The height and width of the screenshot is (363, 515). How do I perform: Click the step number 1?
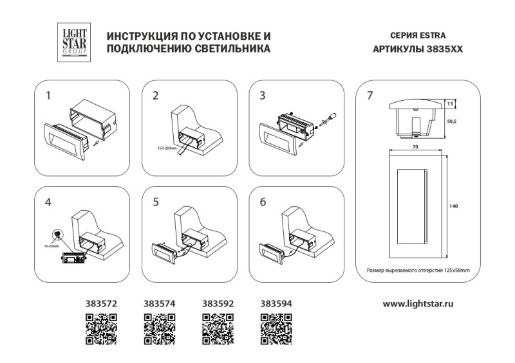49,96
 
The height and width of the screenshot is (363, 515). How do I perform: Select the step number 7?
370,96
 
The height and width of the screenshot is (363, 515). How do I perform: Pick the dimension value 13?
451,103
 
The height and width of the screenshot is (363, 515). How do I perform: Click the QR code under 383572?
101,328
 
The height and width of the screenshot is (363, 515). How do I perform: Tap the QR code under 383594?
276,328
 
